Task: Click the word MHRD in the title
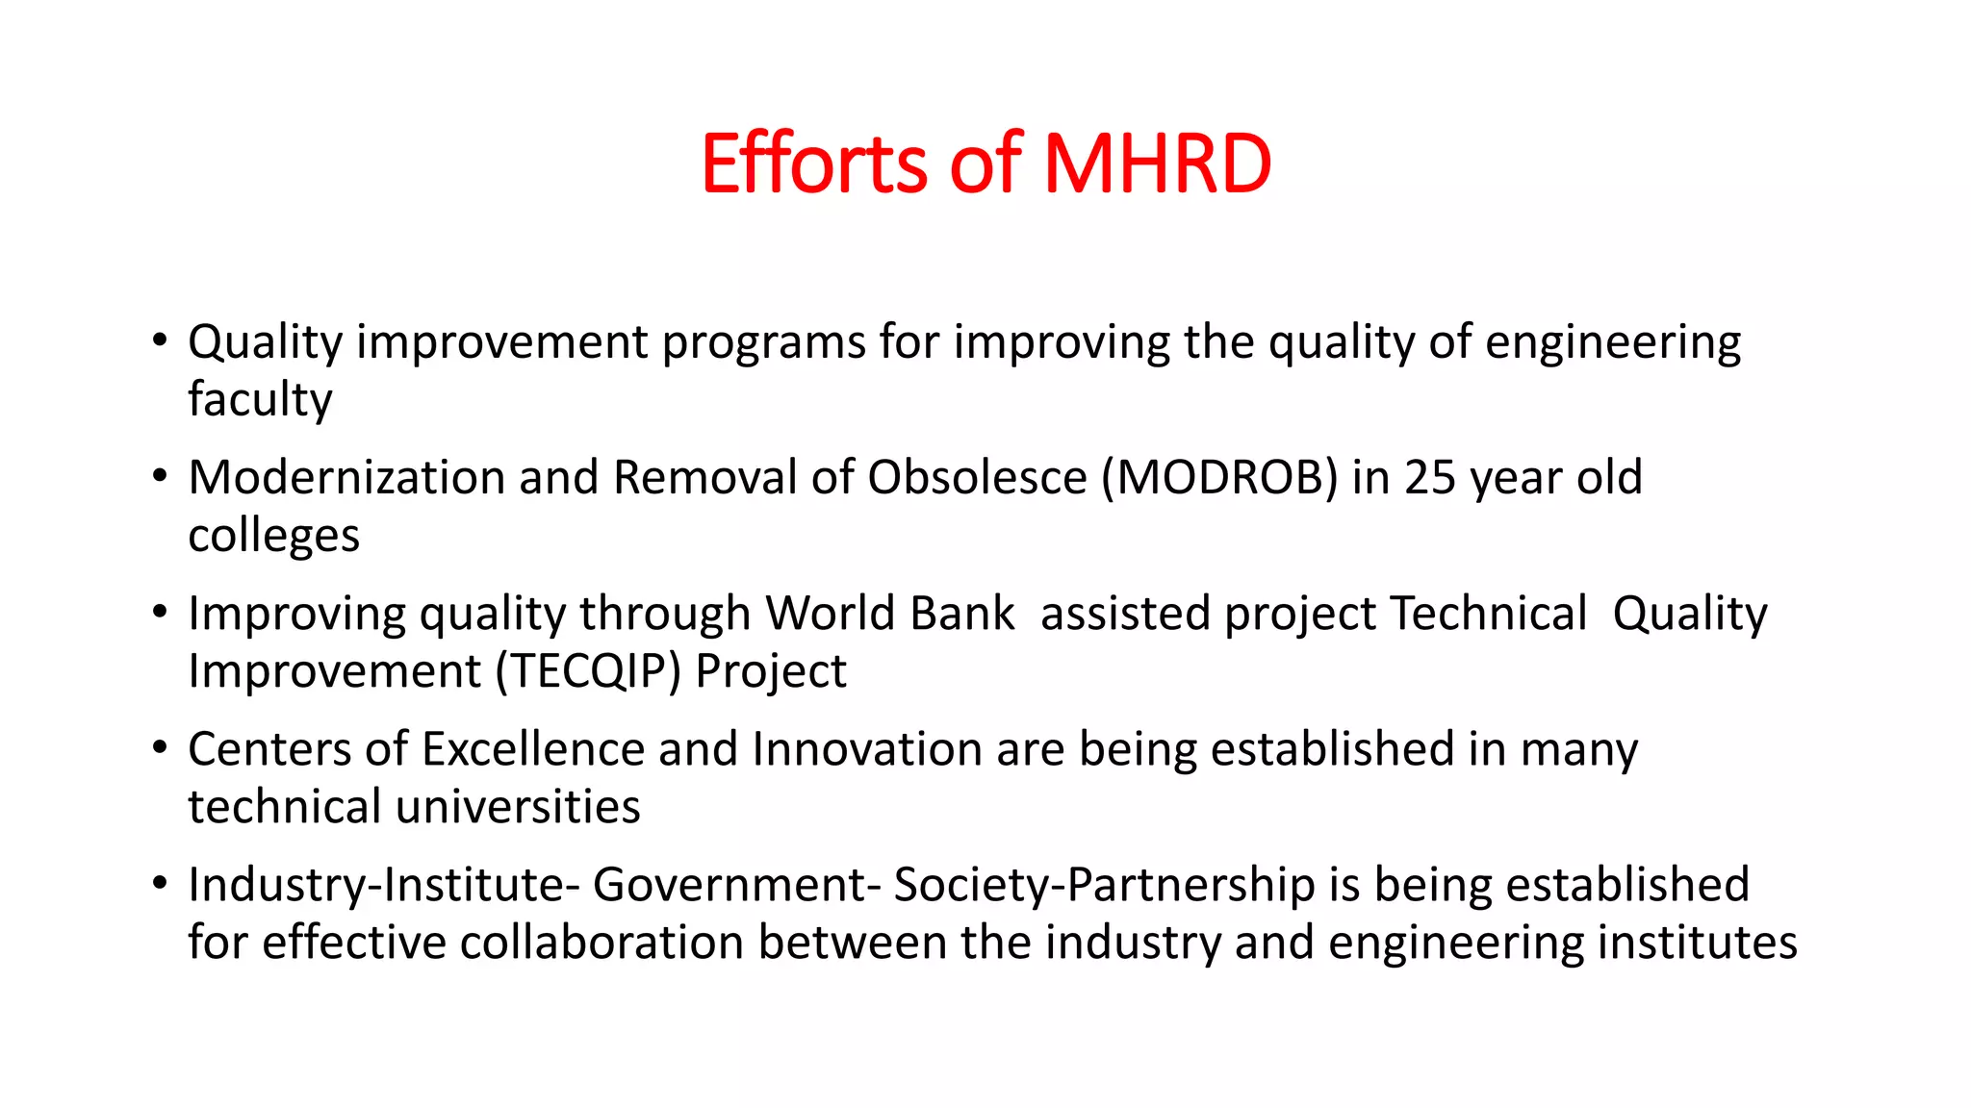pyautogui.click(x=1157, y=164)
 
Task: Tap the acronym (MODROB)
pyautogui.click(x=1219, y=478)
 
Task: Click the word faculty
pyautogui.click(x=260, y=400)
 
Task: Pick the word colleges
pyautogui.click(x=273, y=536)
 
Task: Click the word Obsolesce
pyautogui.click(x=977, y=478)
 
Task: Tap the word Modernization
pyautogui.click(x=346, y=478)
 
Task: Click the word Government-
pyautogui.click(x=736, y=885)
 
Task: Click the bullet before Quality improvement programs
pyautogui.click(x=160, y=340)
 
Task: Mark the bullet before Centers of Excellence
pyautogui.click(x=160, y=747)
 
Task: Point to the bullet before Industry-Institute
pyautogui.click(x=160, y=883)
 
